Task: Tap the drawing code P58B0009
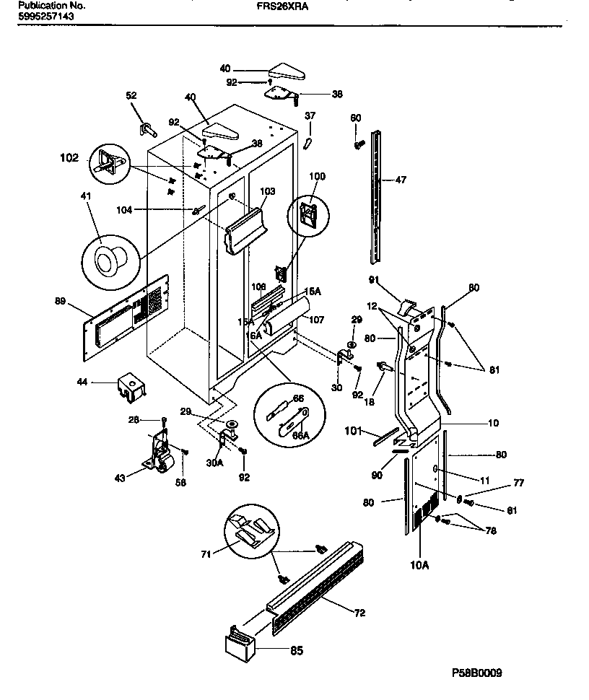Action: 476,673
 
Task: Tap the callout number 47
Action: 401,180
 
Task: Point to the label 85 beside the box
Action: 296,650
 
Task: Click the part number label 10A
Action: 420,564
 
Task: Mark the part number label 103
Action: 269,192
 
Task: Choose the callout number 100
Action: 318,176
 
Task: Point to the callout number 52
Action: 131,95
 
